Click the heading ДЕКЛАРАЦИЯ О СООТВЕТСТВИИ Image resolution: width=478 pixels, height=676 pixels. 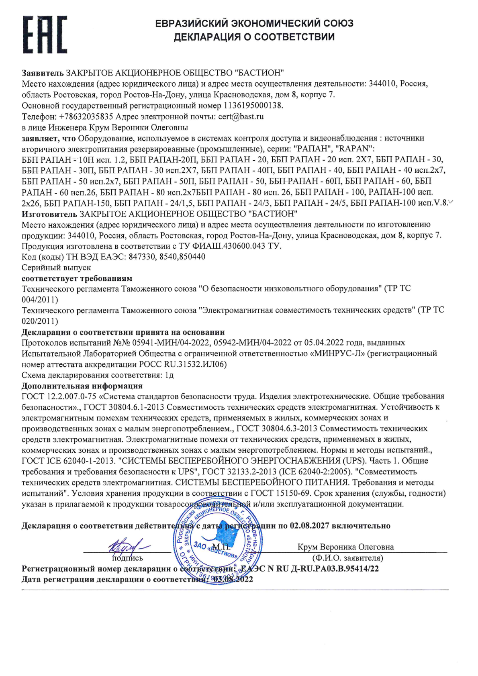coord(254,37)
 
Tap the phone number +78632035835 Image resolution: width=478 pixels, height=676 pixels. coord(86,117)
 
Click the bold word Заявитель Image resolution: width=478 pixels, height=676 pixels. coord(43,73)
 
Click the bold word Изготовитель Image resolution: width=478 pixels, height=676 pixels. coord(49,214)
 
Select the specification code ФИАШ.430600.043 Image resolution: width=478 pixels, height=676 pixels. coord(235,246)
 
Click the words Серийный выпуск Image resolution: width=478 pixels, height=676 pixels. coord(56,268)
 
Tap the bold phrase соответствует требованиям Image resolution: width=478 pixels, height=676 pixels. coord(77,278)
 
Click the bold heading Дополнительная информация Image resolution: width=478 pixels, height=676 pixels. coord(82,386)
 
